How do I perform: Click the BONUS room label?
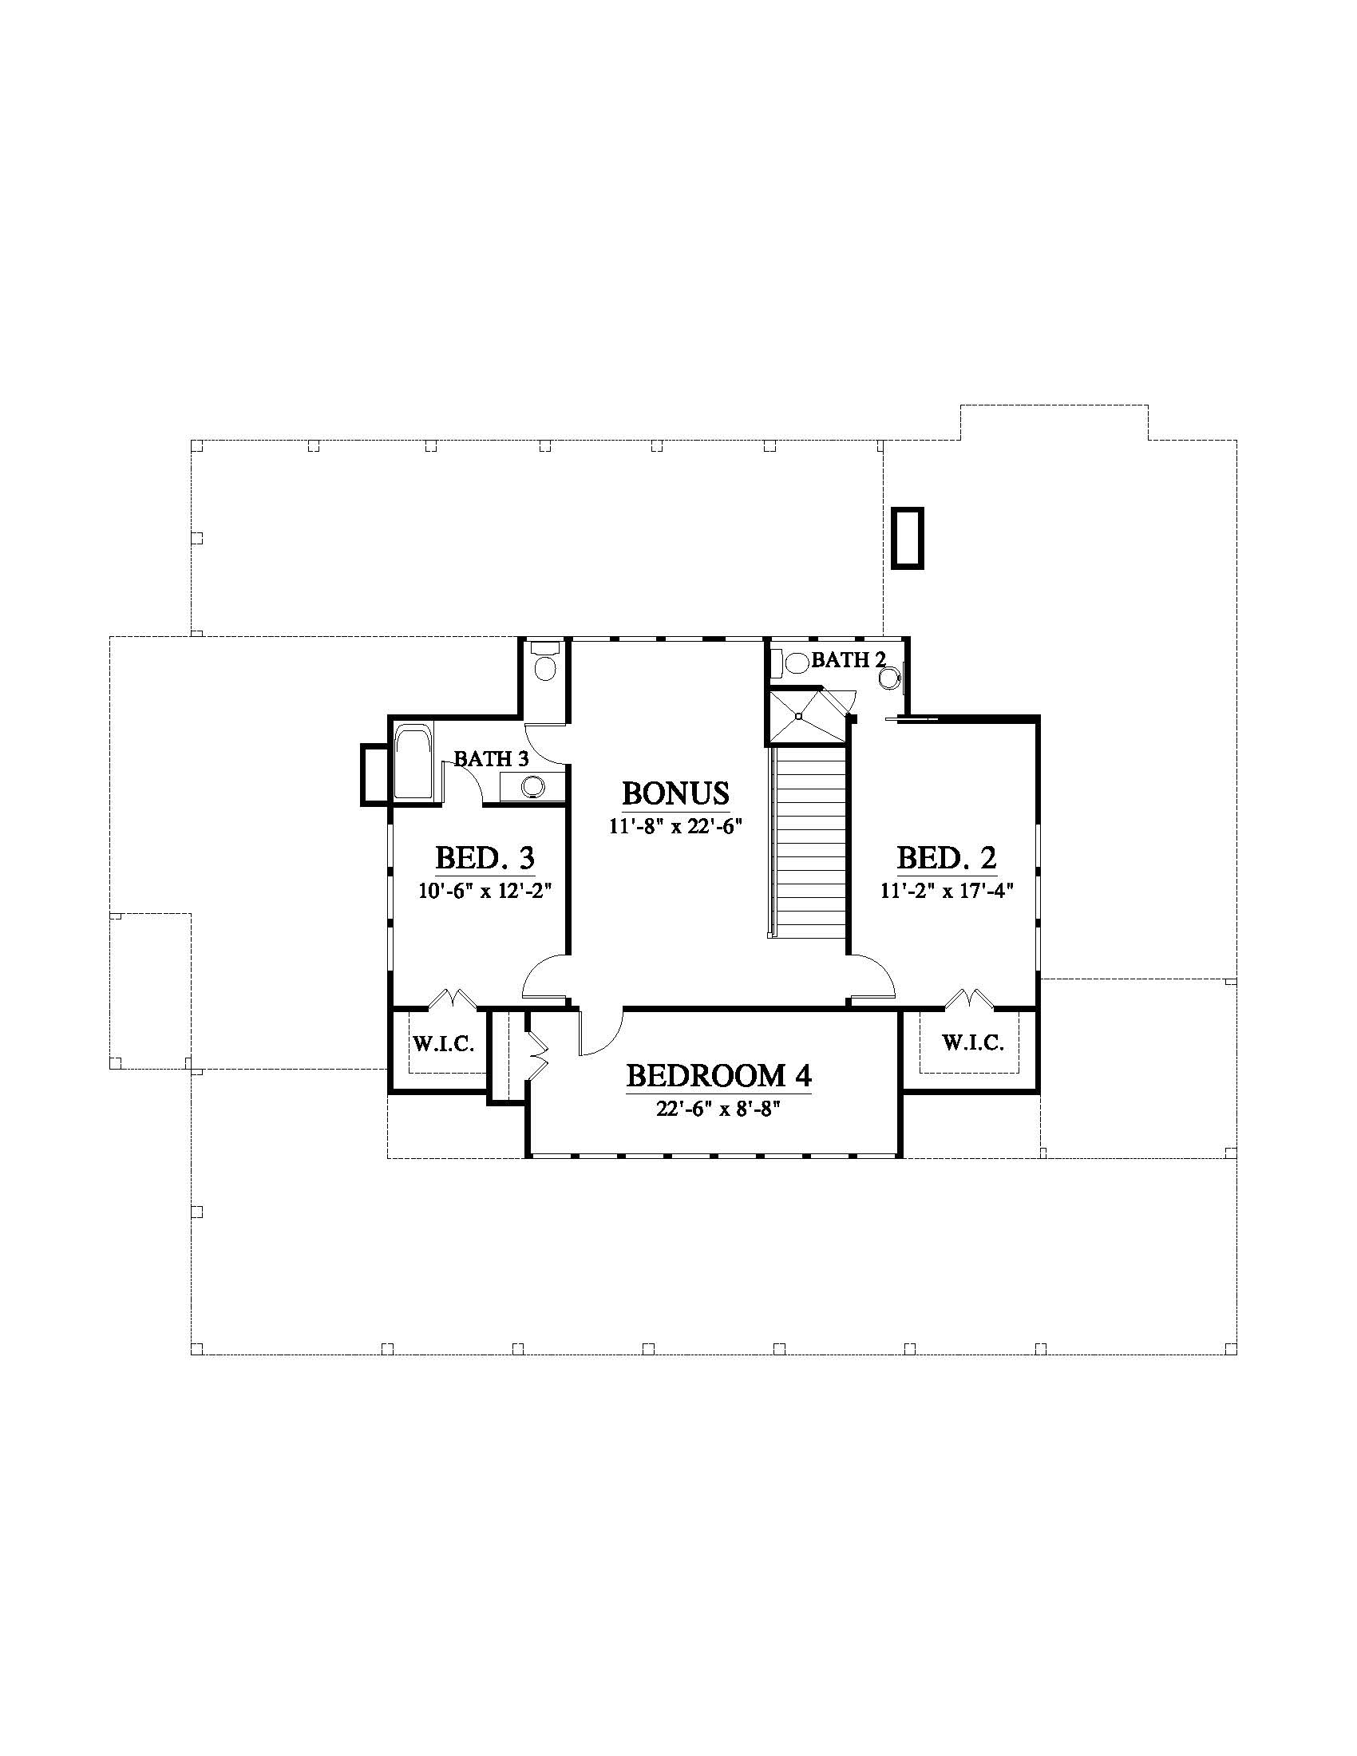coord(675,793)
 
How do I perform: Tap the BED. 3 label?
coord(485,858)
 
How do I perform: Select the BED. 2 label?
coord(946,858)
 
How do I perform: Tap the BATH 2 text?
coord(848,660)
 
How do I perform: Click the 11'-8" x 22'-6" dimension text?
coord(675,826)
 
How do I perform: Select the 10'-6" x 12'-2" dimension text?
coord(484,890)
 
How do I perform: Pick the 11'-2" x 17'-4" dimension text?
coord(946,890)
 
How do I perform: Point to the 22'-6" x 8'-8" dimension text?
coord(718,1109)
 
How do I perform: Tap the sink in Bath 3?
coord(532,786)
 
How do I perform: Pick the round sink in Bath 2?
coord(888,678)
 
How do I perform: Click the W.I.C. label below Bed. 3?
coord(444,1045)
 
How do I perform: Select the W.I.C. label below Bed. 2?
coord(973,1043)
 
